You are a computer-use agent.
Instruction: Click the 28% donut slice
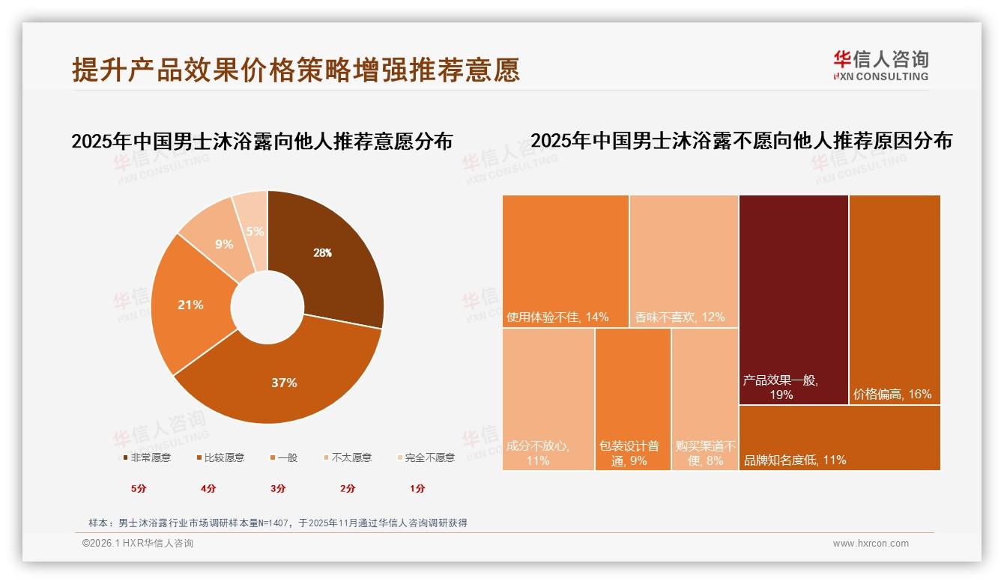(326, 255)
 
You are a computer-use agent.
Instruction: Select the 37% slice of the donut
(285, 382)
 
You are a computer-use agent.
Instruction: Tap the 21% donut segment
(191, 305)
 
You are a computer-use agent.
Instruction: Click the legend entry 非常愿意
(146, 457)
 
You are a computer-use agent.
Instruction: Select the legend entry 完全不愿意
(425, 457)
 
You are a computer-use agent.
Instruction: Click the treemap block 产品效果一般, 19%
(793, 299)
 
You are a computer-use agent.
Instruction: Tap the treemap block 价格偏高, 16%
(895, 299)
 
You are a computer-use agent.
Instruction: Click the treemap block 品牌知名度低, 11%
(839, 438)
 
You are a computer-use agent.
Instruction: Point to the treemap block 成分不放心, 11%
(548, 398)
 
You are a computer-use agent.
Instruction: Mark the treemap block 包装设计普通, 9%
(632, 398)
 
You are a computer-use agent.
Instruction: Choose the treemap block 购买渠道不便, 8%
(704, 398)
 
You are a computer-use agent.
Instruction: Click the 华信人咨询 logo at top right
(880, 65)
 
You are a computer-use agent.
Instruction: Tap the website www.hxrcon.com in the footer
(871, 544)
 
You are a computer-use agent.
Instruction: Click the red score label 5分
(139, 488)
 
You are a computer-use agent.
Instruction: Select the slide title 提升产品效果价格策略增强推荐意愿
(296, 70)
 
